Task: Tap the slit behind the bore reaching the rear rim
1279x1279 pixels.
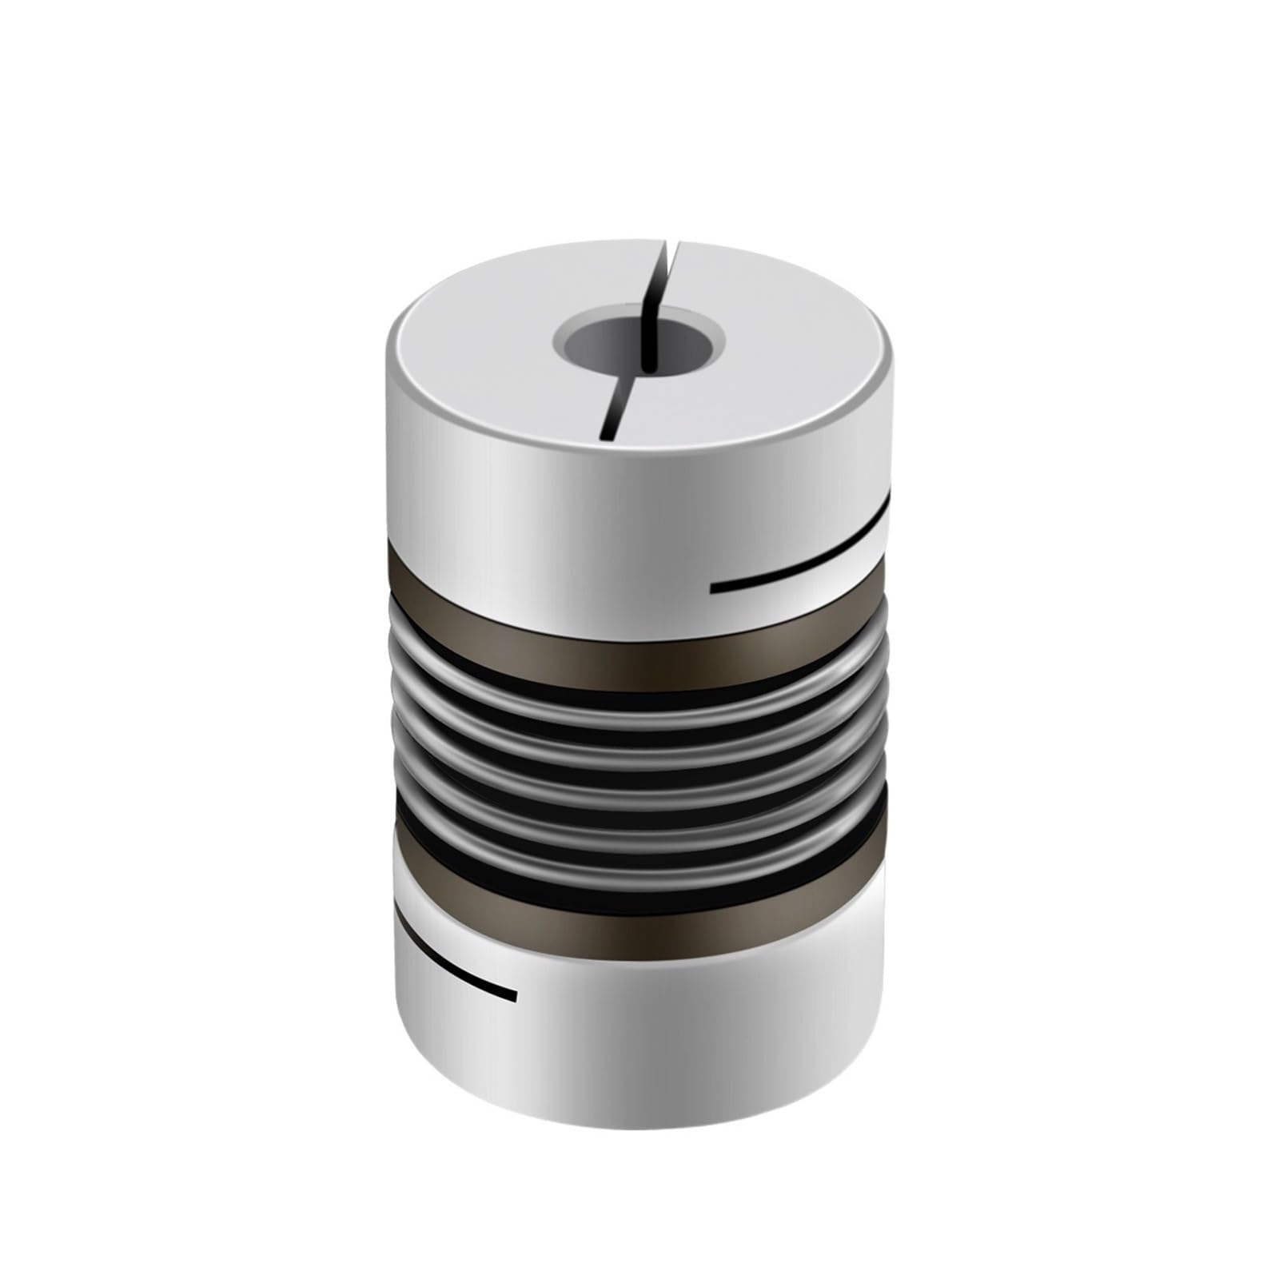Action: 663,276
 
